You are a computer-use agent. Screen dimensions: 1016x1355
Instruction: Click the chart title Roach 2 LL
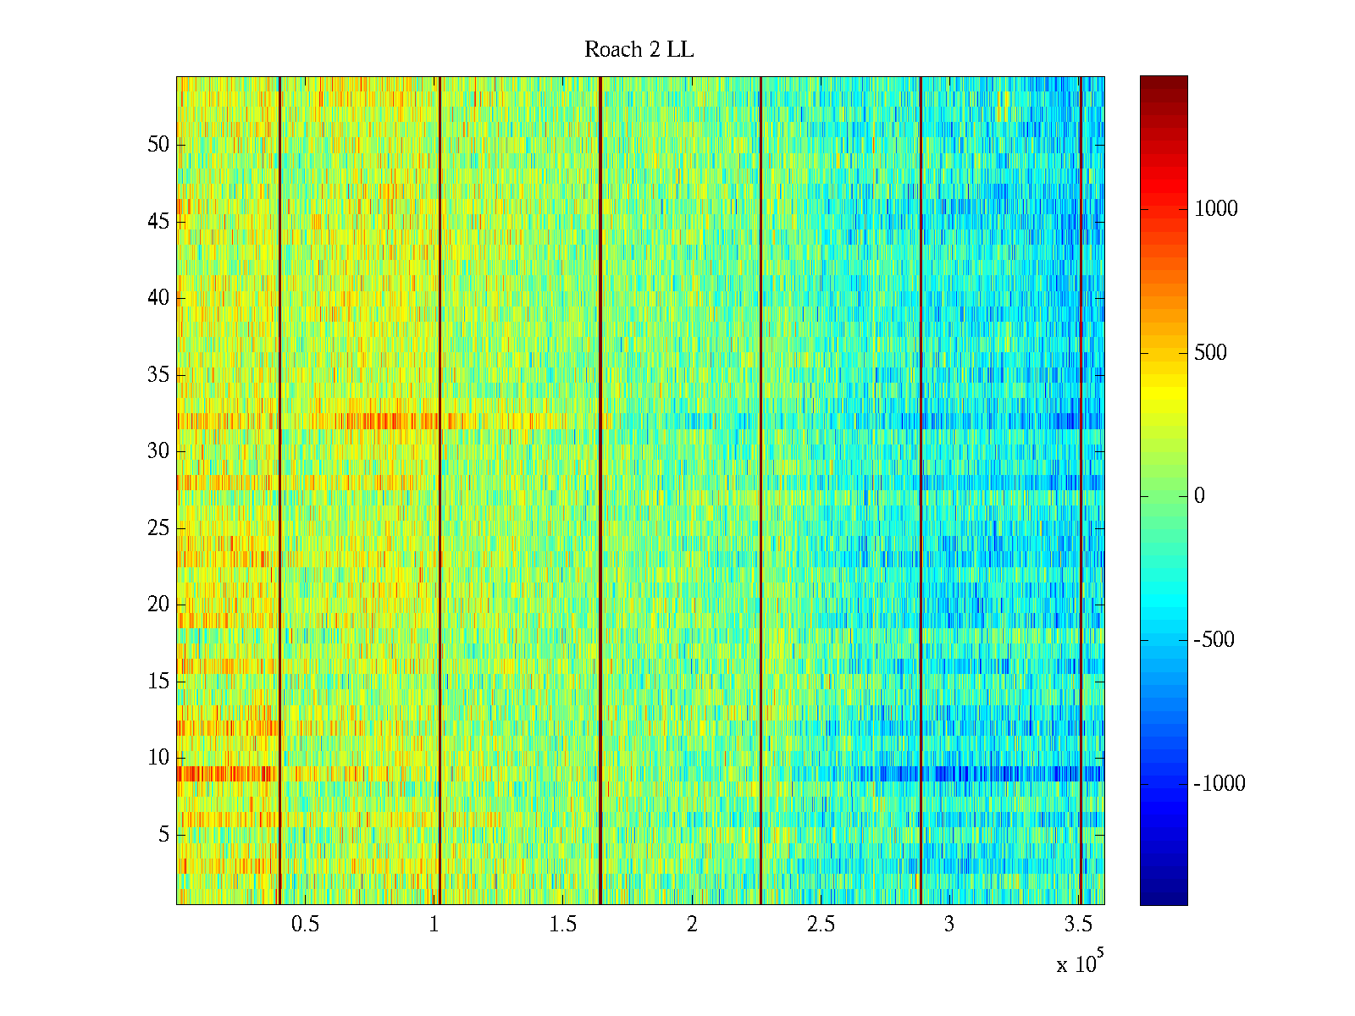[x=639, y=50]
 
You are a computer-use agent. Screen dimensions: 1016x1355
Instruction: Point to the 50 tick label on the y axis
[x=158, y=145]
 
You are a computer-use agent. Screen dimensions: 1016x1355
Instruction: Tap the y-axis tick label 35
[x=158, y=375]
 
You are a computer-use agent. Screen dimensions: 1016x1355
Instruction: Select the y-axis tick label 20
[x=158, y=605]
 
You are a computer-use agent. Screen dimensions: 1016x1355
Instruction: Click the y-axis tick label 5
[x=163, y=835]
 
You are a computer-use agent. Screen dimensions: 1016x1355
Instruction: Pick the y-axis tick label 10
[x=158, y=758]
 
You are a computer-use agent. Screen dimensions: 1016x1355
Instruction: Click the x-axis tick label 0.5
[x=305, y=925]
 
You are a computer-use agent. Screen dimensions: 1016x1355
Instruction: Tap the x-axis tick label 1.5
[x=562, y=925]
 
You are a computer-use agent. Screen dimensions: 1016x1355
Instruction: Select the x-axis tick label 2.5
[x=820, y=925]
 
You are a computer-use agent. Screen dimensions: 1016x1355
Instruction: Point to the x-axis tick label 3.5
[x=1077, y=925]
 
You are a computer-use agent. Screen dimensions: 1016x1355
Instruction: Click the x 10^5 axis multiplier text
[x=1079, y=964]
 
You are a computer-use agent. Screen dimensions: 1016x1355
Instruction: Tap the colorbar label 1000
[x=1215, y=209]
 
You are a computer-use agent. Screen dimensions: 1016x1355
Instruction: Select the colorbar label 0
[x=1199, y=496]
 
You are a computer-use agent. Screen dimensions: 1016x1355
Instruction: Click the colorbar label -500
[x=1214, y=640]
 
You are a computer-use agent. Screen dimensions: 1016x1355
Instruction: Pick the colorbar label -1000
[x=1219, y=784]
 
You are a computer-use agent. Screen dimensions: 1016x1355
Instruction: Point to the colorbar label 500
[x=1210, y=353]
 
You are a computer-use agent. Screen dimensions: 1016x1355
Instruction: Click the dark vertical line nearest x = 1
[x=440, y=491]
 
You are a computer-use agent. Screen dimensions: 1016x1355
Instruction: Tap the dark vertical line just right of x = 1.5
[x=600, y=491]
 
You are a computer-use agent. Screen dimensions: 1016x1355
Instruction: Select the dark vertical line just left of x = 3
[x=921, y=491]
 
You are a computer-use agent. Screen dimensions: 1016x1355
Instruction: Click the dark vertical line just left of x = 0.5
[x=279, y=491]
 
